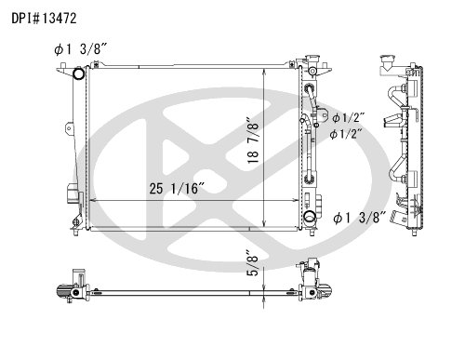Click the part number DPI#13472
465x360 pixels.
[44, 19]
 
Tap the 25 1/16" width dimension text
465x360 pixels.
[177, 189]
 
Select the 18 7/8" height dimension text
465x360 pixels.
[253, 140]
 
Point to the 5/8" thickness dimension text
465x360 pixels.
[254, 262]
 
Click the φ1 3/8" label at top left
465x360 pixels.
[81, 49]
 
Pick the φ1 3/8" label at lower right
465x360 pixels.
[360, 218]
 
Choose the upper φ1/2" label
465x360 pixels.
[348, 118]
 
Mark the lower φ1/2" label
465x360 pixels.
[346, 134]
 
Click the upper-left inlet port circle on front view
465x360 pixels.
[78, 73]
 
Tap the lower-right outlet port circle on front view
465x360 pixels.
[310, 217]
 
